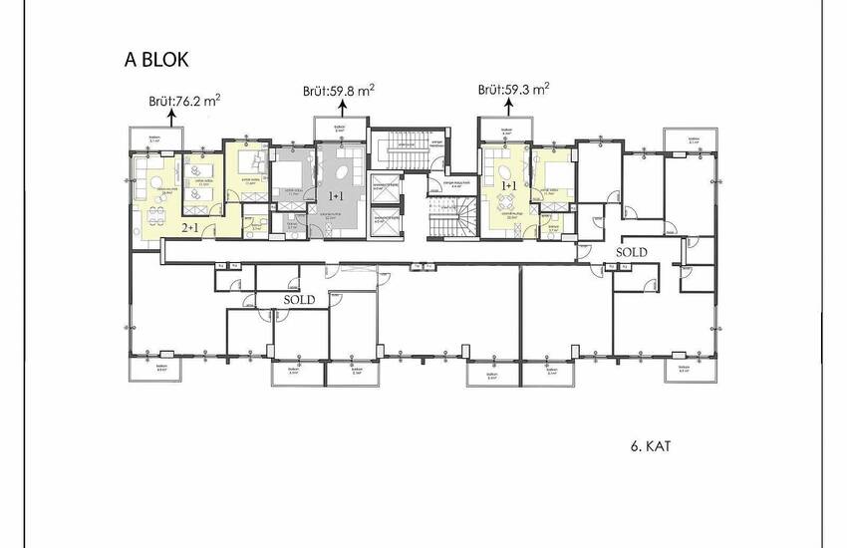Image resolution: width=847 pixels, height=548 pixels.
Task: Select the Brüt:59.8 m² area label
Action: coord(339,91)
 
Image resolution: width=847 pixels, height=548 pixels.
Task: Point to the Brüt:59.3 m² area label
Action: coord(513,89)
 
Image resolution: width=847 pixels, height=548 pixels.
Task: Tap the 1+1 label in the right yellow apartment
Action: coord(509,186)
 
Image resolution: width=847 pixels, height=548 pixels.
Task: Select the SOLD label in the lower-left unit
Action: coord(299,299)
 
